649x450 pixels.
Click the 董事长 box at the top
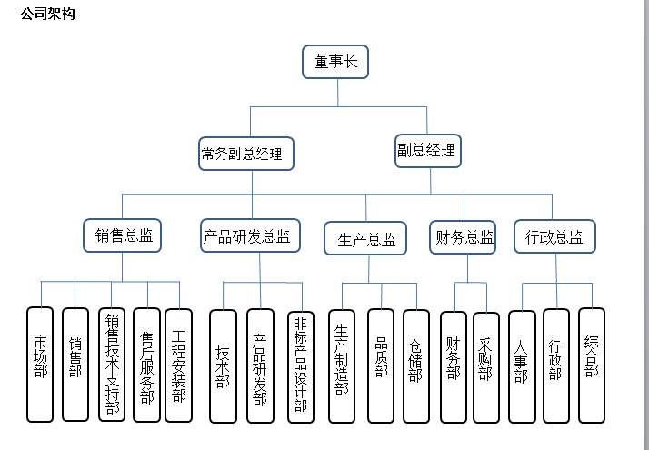335,62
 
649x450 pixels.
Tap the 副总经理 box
426,151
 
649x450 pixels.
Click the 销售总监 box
123,236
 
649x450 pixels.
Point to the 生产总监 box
366,239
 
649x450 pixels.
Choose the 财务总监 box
464,237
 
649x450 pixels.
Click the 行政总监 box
554,236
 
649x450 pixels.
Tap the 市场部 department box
40,364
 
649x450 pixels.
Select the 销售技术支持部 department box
112,364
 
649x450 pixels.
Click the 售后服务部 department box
146,364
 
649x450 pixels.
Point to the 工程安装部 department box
179,364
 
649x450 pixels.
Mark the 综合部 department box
592,365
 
